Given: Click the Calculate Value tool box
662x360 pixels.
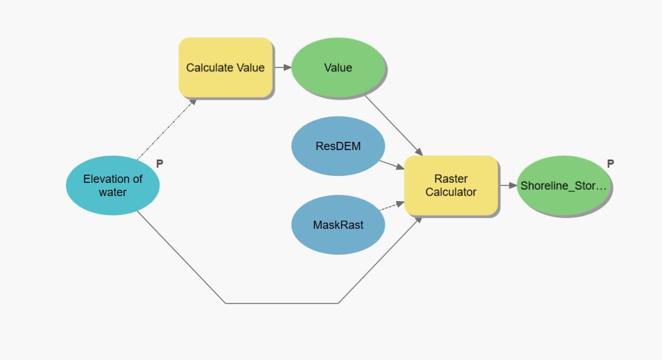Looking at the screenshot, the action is [226, 67].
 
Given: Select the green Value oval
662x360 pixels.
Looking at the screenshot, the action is [338, 67].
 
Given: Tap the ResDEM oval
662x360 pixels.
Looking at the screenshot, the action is [338, 146].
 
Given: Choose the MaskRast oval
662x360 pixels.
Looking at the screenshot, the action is [338, 224].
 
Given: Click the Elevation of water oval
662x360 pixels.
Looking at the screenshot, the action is [113, 185].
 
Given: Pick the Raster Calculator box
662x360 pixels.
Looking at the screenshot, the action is [451, 185].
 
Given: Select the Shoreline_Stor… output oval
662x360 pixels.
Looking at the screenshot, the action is [564, 185].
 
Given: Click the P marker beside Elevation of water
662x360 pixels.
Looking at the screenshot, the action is [160, 163].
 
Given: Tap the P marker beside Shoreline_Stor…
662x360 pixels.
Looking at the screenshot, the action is [610, 163].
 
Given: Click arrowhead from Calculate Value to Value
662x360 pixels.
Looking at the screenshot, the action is [287, 67].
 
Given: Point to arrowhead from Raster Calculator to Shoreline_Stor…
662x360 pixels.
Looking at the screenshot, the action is [513, 185].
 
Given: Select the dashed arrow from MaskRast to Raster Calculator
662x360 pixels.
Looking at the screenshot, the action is [392, 206].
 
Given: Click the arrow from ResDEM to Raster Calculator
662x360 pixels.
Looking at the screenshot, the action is [392, 165].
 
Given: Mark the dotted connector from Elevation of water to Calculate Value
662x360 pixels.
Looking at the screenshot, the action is [167, 130].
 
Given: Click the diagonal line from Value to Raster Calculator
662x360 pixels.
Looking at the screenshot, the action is [393, 125].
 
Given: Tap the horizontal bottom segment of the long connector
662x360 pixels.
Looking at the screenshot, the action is [282, 303].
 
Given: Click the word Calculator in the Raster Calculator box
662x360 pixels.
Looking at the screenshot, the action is [451, 192].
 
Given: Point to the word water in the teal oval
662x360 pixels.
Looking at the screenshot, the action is [113, 192].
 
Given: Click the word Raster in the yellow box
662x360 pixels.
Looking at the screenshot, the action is [451, 178].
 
